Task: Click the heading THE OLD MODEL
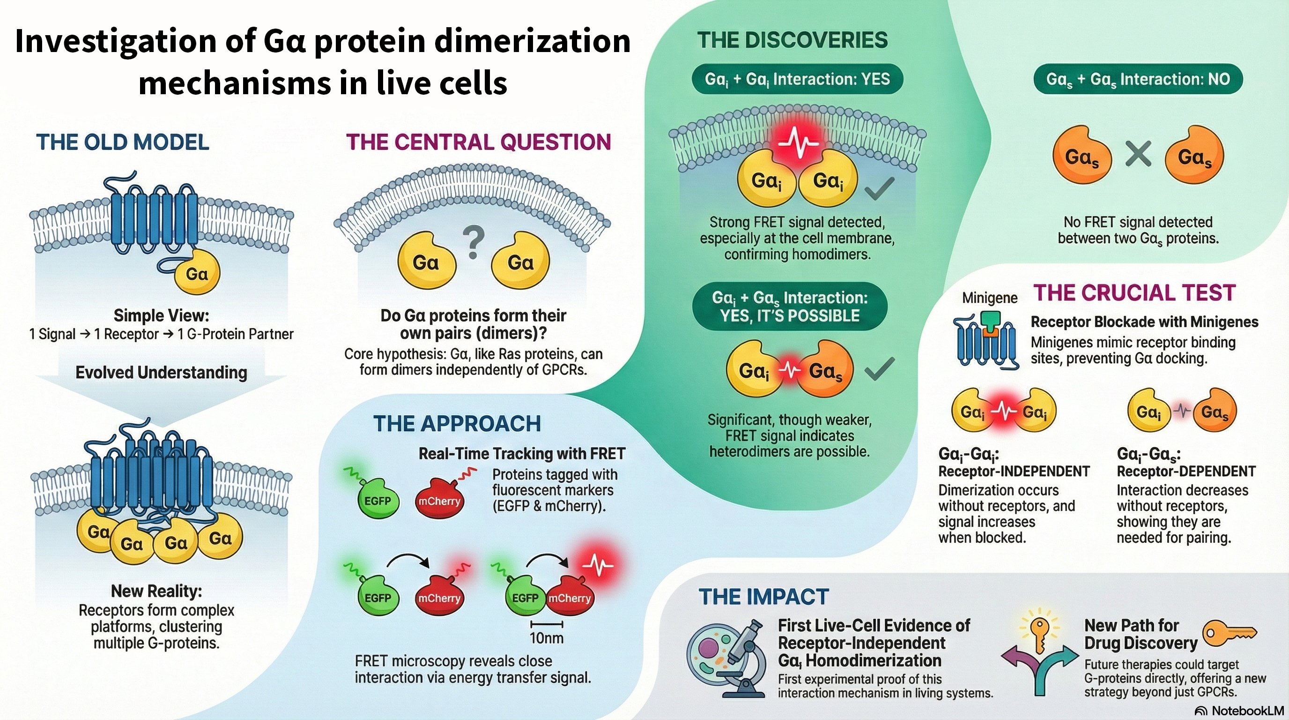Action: coord(123,142)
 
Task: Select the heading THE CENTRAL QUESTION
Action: coord(478,142)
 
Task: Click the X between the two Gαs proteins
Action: coord(1138,154)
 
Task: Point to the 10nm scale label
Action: coord(547,638)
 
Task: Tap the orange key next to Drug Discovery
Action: coord(1229,634)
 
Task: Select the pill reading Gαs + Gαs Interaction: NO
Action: coord(1138,79)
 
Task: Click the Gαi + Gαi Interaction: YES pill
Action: coord(797,79)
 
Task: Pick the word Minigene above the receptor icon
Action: coord(990,299)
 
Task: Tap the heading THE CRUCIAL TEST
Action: coord(1135,293)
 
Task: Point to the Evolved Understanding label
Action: coord(161,373)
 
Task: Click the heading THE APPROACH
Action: coord(457,424)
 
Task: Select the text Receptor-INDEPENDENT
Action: coord(1014,472)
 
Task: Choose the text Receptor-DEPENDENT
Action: coord(1186,472)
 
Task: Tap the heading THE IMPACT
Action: coord(763,597)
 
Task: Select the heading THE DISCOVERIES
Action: coord(793,40)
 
